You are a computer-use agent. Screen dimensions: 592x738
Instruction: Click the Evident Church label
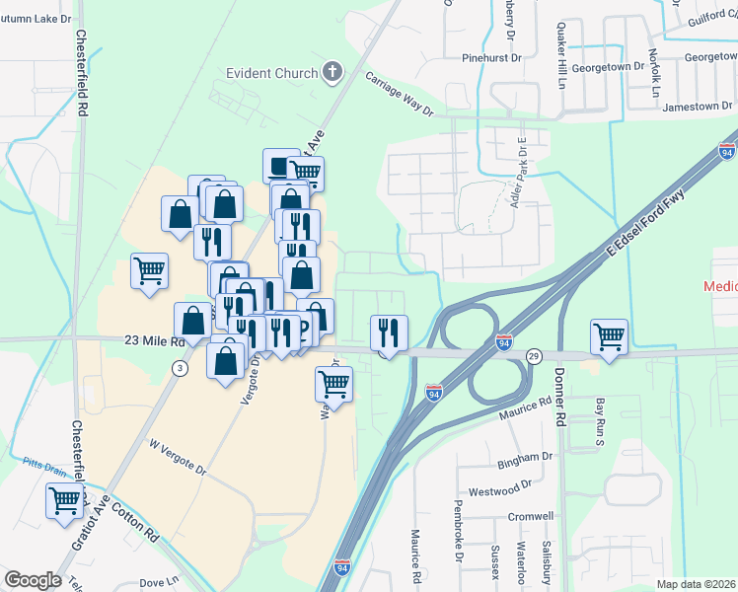pyautogui.click(x=271, y=73)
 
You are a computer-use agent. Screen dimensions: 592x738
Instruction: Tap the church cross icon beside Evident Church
pyautogui.click(x=333, y=72)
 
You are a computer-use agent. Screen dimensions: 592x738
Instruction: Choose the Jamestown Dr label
pyautogui.click(x=698, y=106)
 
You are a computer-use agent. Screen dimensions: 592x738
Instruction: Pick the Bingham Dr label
pyautogui.click(x=525, y=459)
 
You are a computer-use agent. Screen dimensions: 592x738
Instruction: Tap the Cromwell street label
pyautogui.click(x=530, y=516)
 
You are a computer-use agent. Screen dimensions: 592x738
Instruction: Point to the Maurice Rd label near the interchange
pyautogui.click(x=524, y=404)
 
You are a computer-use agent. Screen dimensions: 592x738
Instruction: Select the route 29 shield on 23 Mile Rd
pyautogui.click(x=534, y=355)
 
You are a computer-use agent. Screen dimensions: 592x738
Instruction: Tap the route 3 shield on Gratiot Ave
pyautogui.click(x=179, y=368)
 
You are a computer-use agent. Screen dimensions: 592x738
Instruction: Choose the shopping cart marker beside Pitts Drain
pyautogui.click(x=64, y=500)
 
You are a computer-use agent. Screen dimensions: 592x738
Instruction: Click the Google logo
pyautogui.click(x=33, y=580)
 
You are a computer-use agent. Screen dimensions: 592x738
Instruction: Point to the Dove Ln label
pyautogui.click(x=159, y=583)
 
